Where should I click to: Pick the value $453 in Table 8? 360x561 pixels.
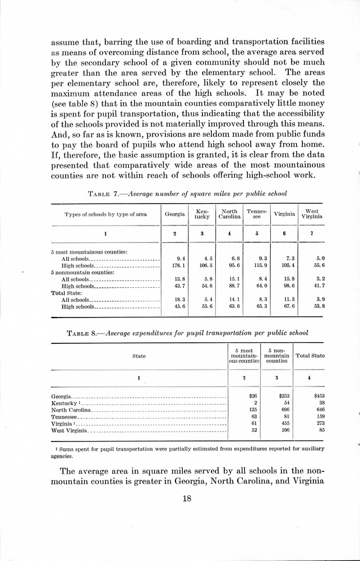[x=319, y=396]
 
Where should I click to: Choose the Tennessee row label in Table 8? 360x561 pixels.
[x=66, y=417]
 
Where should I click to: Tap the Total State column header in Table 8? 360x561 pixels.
[x=310, y=356]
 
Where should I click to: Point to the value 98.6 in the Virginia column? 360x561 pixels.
[x=287, y=286]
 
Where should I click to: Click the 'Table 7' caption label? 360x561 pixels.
[x=103, y=194]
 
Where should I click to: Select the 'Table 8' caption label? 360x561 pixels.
[x=86, y=333]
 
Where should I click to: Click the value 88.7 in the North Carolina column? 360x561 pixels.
[x=231, y=286]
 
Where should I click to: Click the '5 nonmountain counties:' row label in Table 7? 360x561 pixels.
[x=82, y=272]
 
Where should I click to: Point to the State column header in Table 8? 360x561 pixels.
[x=139, y=356]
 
